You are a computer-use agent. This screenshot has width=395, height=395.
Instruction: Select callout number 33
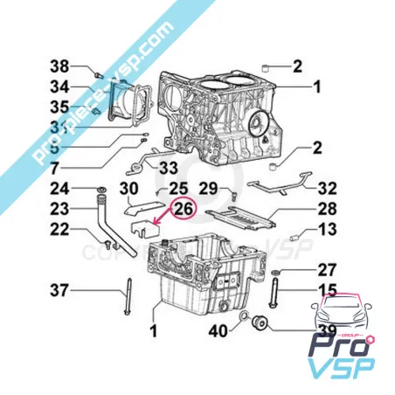pyautogui.click(x=169, y=166)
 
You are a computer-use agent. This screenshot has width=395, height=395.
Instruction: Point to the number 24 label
pyautogui.click(x=59, y=188)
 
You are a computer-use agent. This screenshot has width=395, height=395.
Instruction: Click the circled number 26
pyautogui.click(x=184, y=209)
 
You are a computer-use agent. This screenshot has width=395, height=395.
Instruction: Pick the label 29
pyautogui.click(x=208, y=189)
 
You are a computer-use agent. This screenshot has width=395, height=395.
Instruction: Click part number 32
pyautogui.click(x=327, y=188)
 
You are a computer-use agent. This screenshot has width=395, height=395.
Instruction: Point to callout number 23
pyautogui.click(x=59, y=209)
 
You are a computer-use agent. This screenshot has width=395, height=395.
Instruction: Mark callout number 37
pyautogui.click(x=59, y=289)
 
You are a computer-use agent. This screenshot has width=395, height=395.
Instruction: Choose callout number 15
pyautogui.click(x=327, y=289)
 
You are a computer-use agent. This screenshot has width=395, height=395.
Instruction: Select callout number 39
pyautogui.click(x=326, y=329)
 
